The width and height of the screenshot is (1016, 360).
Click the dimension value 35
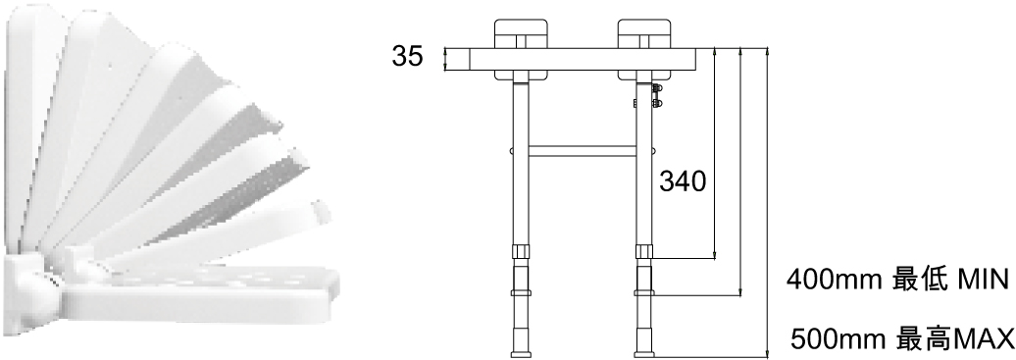[407, 57]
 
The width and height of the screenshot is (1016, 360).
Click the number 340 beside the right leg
[683, 182]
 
